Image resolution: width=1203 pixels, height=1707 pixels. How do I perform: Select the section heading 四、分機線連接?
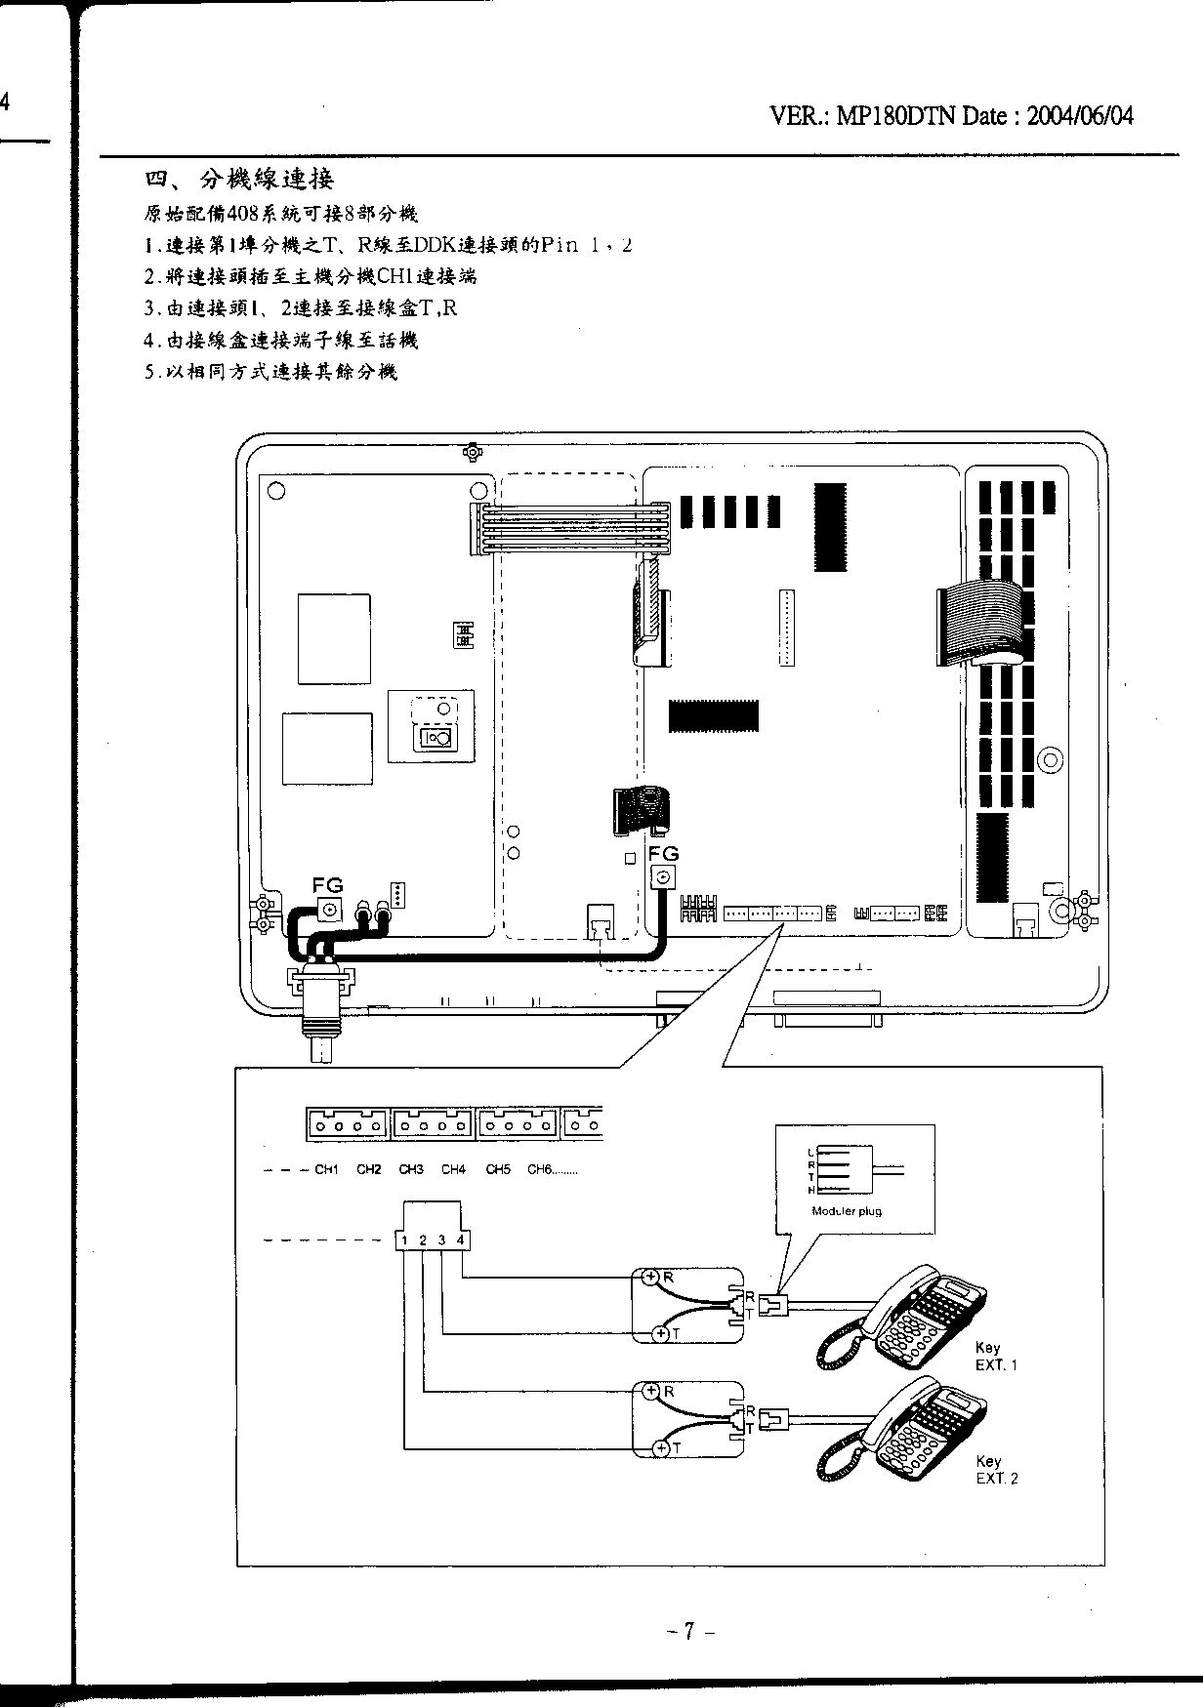click(240, 179)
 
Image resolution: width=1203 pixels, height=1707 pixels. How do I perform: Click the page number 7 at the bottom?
click(688, 1631)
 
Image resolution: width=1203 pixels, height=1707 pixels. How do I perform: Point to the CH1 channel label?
click(326, 1169)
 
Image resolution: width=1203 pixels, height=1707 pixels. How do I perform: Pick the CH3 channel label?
click(411, 1169)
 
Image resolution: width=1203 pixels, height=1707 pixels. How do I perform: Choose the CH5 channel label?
click(498, 1169)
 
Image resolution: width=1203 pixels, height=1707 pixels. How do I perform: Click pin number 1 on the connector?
click(404, 1240)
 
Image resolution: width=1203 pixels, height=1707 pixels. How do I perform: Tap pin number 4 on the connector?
click(461, 1240)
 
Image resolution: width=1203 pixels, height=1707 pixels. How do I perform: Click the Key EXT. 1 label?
click(994, 1357)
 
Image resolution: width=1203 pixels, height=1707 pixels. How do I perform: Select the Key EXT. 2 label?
click(994, 1470)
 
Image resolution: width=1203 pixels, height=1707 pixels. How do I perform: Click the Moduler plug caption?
click(847, 1211)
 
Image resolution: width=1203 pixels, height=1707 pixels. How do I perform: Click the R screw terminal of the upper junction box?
click(650, 1276)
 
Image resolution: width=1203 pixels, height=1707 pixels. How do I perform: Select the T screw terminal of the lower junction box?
click(660, 1448)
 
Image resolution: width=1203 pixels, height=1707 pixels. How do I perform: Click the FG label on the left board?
click(327, 885)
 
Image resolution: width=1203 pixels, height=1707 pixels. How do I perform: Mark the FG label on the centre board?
click(663, 853)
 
